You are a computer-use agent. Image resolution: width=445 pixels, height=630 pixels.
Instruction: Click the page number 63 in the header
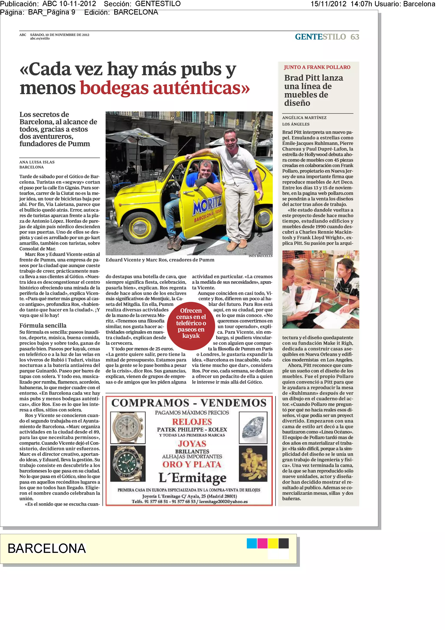(355, 37)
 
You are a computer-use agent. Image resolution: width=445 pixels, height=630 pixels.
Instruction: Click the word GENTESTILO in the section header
(320, 37)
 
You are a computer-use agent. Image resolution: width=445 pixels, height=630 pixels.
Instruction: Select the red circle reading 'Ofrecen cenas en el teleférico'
(191, 323)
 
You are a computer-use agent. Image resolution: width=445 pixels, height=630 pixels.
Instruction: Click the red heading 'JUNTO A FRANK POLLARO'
(317, 67)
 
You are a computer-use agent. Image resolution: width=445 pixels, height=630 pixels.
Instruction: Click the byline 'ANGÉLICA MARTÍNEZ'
(304, 118)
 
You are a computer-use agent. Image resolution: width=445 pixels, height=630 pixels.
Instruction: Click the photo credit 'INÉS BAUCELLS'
(260, 256)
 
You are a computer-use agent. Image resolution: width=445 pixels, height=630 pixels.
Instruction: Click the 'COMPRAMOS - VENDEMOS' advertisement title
(189, 403)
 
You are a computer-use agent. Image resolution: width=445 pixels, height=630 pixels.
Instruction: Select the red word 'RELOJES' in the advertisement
(192, 422)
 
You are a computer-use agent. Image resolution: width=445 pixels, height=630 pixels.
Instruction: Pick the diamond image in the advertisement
(253, 428)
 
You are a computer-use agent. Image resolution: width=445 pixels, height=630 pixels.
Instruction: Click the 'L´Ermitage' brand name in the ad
(193, 478)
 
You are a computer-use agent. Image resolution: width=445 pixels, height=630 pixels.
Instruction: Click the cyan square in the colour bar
(252, 543)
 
